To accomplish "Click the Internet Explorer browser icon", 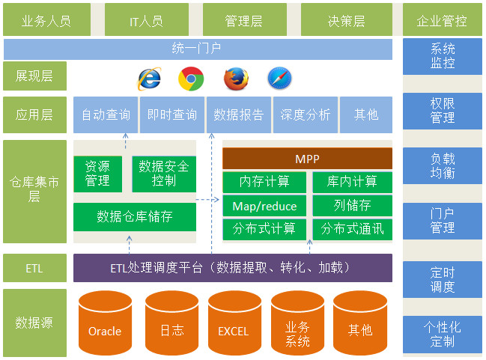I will [149, 78].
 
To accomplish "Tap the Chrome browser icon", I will [191, 78].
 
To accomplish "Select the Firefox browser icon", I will [235, 78].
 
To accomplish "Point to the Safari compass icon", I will [279, 78].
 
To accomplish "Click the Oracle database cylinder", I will [105, 324].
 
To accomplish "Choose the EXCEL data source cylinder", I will [234, 324].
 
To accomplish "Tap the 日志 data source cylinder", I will [171, 324].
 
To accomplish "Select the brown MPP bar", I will [307, 159].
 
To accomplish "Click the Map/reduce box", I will [264, 206].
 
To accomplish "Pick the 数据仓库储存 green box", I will [135, 216].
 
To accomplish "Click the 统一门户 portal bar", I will [197, 49].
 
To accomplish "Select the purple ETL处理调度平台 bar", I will [232, 267].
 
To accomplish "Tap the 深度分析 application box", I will [305, 115].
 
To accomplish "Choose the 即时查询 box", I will [172, 115].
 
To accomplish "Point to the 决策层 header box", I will [346, 20].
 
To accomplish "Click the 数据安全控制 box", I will [164, 174].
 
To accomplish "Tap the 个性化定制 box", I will [443, 335].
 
